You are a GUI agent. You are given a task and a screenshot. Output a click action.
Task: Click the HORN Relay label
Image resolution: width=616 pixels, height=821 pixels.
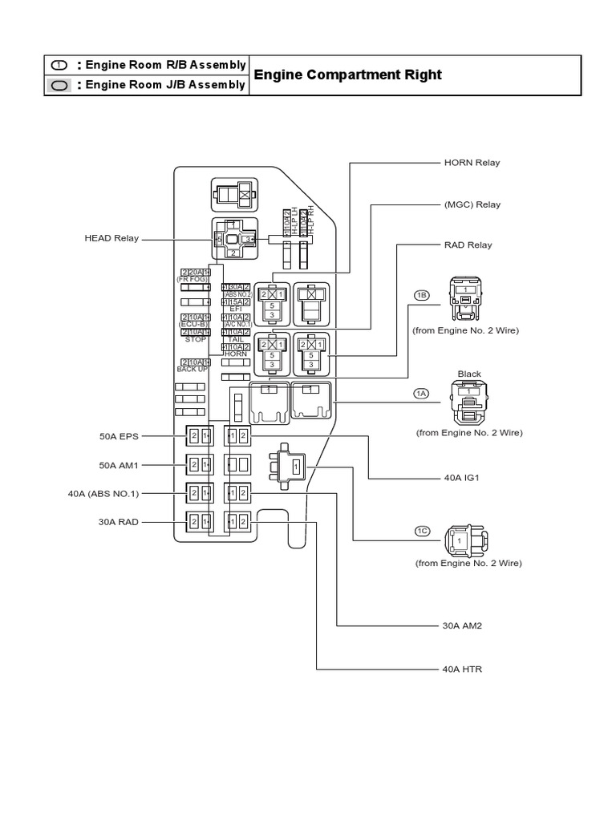pos(472,163)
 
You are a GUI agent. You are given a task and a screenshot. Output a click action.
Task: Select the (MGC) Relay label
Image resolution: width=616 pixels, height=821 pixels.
pos(472,204)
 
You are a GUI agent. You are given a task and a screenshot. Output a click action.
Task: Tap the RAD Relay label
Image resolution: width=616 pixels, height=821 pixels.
pos(468,245)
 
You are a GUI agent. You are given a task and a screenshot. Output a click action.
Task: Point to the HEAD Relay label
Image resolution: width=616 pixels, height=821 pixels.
pos(111,238)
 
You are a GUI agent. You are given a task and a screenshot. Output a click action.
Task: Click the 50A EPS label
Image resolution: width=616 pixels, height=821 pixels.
pos(120,436)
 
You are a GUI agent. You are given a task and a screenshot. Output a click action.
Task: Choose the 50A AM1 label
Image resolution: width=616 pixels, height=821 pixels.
pos(120,465)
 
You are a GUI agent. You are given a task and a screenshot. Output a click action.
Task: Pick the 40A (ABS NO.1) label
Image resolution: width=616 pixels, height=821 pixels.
pos(103,493)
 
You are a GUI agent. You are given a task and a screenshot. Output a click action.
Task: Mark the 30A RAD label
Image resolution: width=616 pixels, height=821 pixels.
pos(120,522)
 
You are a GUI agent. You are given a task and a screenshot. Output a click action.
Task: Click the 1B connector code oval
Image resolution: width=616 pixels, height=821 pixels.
pos(422,296)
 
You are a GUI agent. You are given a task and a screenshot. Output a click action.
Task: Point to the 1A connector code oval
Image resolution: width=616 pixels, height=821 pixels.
pos(422,393)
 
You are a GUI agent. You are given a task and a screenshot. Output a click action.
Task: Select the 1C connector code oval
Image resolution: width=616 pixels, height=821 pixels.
pos(422,531)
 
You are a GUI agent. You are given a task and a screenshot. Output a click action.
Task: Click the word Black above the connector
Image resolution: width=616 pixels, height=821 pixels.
pos(469,374)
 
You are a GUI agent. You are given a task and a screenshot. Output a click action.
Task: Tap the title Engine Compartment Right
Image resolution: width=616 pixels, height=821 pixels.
pos(347,75)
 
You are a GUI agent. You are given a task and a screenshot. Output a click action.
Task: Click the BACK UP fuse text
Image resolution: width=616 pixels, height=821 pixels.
pos(193,370)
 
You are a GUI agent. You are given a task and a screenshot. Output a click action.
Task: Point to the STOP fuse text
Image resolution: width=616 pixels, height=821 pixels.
pos(195,340)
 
